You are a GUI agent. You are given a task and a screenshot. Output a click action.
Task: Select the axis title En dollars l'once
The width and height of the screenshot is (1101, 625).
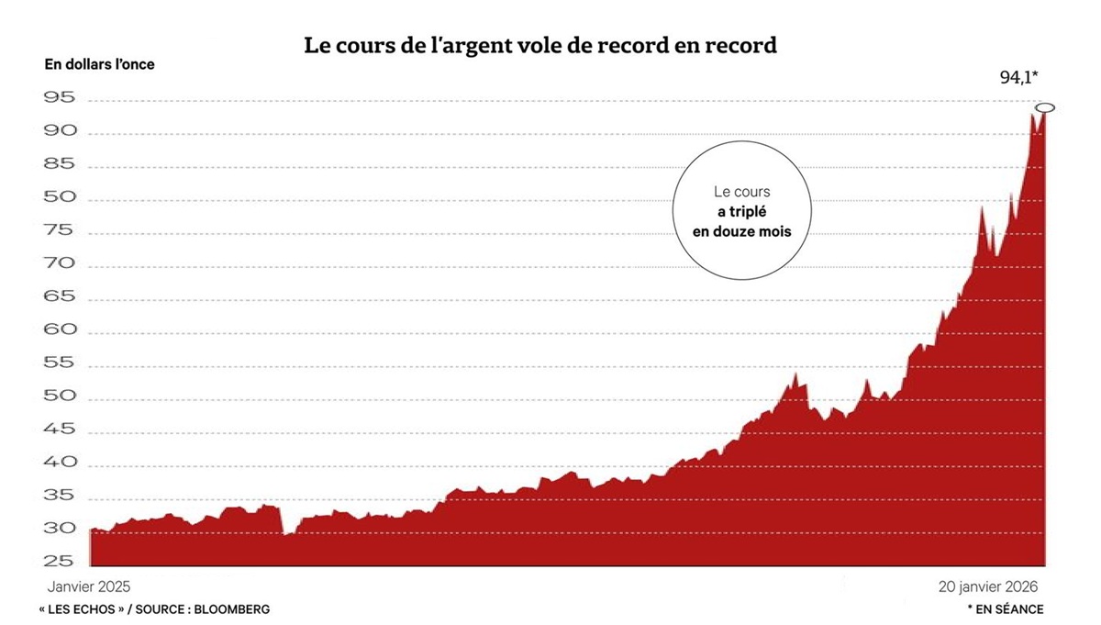pyautogui.click(x=100, y=64)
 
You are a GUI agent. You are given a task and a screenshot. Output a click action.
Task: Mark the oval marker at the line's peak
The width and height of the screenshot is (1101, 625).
pyautogui.click(x=1045, y=108)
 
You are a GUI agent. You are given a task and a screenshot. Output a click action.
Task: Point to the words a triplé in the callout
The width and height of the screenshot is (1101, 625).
pyautogui.click(x=742, y=212)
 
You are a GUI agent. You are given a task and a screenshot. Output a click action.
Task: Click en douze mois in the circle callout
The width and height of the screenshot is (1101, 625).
pyautogui.click(x=741, y=232)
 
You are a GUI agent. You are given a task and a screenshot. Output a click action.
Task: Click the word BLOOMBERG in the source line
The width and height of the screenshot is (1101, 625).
pyautogui.click(x=233, y=608)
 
